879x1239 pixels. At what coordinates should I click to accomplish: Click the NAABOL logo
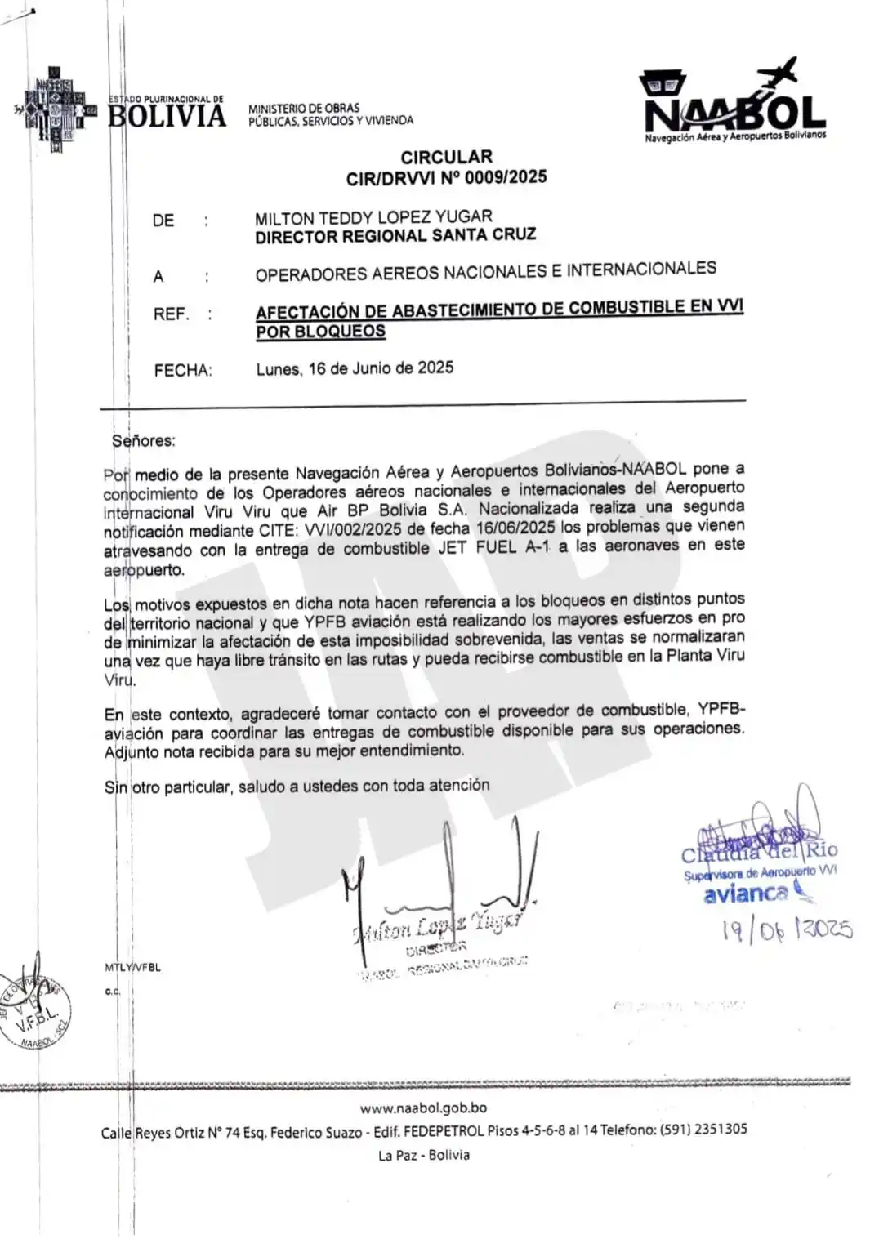tap(734, 104)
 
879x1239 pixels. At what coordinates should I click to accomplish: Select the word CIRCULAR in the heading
tap(446, 157)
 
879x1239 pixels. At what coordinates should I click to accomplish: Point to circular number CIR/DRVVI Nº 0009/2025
tap(446, 177)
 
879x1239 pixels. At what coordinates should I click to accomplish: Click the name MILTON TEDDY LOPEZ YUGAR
tap(373, 218)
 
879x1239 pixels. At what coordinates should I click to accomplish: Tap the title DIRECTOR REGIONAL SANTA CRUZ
tap(395, 236)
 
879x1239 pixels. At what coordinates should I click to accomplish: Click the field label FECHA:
tap(183, 371)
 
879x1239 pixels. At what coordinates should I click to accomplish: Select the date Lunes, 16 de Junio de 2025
tap(355, 368)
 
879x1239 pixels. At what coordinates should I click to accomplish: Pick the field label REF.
tap(171, 314)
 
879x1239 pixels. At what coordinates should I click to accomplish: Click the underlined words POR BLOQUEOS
tap(320, 332)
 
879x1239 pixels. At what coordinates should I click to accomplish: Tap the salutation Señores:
tap(144, 441)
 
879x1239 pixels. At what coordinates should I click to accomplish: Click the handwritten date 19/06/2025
tap(787, 929)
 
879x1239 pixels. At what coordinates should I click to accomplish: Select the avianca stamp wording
tap(745, 894)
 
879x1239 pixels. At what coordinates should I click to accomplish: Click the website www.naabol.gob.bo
tap(423, 1108)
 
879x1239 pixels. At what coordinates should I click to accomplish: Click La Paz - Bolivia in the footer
tap(423, 1155)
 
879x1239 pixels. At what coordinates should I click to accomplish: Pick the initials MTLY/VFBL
tap(132, 968)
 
